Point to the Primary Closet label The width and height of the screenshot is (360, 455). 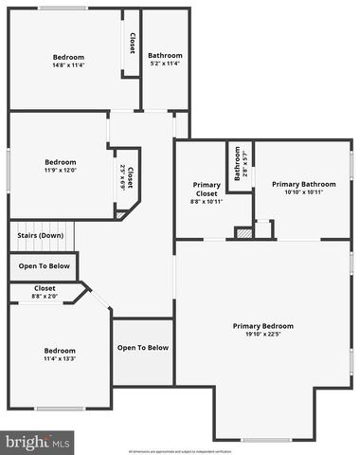click(207, 189)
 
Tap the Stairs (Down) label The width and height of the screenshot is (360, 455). click(39, 235)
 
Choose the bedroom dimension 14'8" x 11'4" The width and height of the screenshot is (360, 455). click(68, 65)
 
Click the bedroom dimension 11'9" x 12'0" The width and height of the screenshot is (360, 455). click(59, 170)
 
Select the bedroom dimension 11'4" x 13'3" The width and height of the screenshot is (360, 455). click(59, 359)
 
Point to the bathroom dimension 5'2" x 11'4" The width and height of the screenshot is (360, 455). click(165, 64)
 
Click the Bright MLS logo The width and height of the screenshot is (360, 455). click(37, 441)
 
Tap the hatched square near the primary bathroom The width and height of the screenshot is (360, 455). click(243, 232)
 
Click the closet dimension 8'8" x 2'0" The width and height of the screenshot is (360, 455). click(45, 297)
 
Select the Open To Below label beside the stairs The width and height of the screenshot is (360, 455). click(44, 266)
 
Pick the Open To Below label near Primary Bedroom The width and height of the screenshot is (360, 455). click(142, 348)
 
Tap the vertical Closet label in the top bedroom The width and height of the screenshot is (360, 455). click(132, 44)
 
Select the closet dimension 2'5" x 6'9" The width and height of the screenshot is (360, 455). click(124, 176)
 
